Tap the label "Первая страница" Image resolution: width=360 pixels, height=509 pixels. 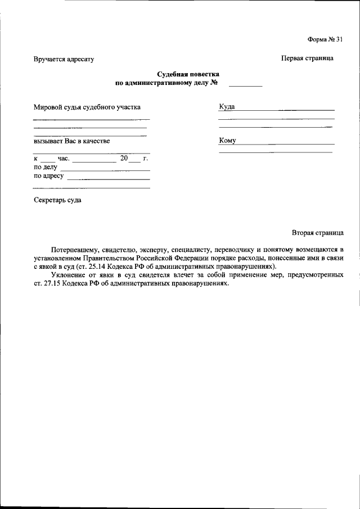(x=307, y=58)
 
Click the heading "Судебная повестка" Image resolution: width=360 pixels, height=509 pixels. (x=188, y=74)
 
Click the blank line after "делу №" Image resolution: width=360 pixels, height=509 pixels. (x=245, y=85)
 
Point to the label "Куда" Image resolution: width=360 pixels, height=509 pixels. (x=227, y=106)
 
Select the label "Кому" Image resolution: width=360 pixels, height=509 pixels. (x=227, y=141)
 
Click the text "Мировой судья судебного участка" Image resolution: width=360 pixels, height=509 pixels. (x=87, y=106)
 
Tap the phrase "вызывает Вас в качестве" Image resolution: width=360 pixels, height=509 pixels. (x=71, y=141)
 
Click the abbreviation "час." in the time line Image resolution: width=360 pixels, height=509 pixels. (x=63, y=159)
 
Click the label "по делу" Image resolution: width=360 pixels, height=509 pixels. (x=46, y=167)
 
